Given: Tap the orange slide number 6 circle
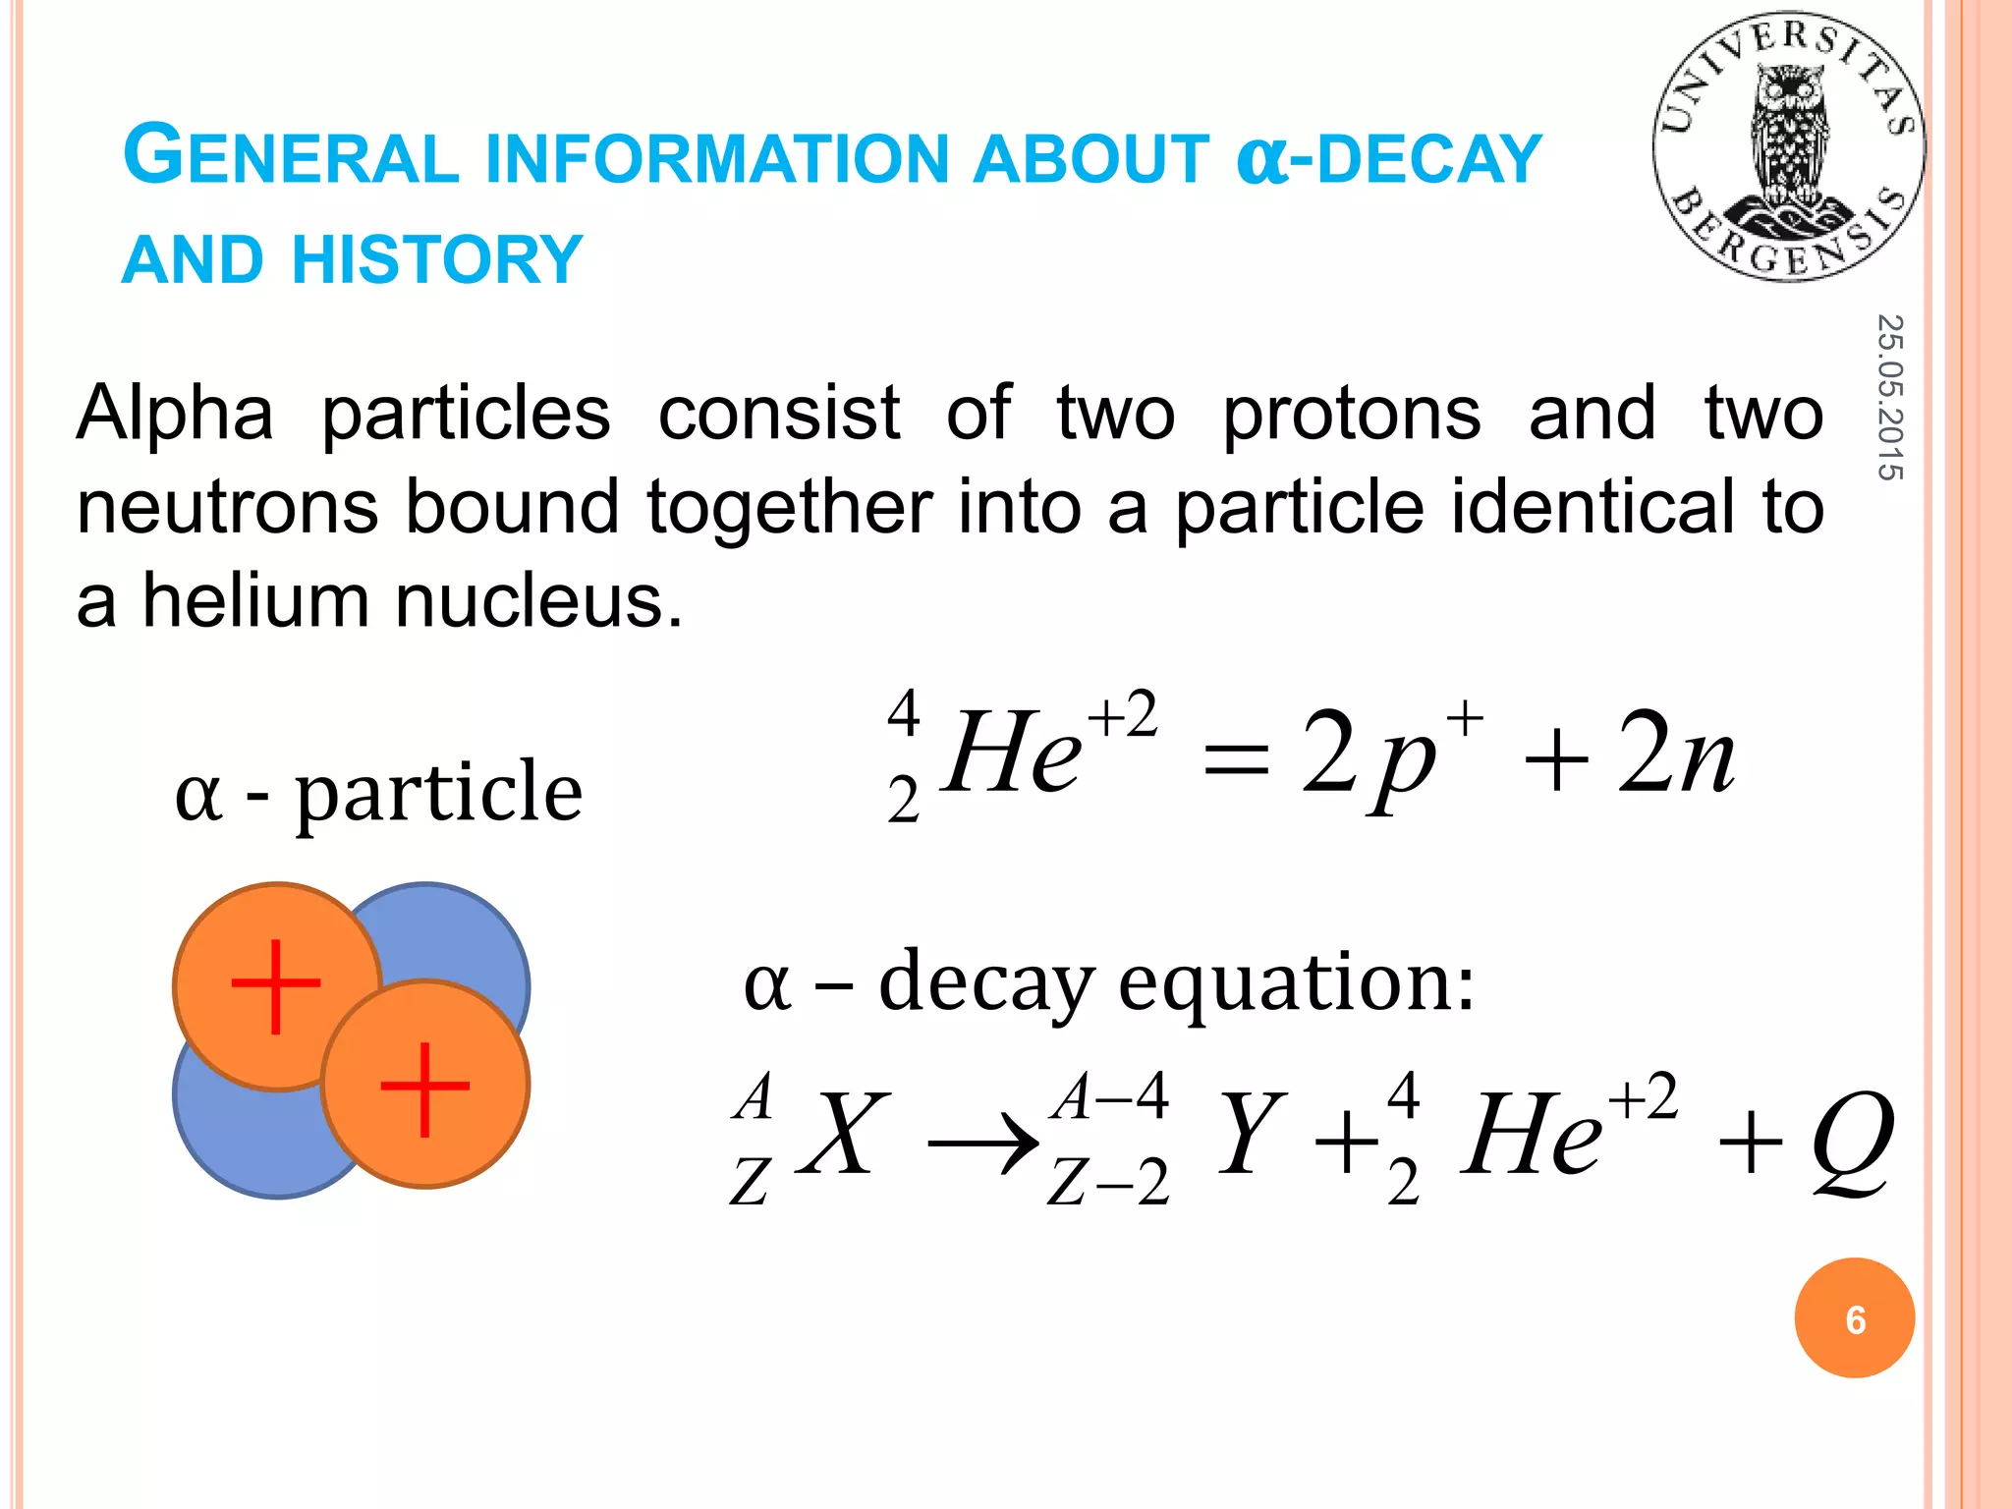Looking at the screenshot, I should [x=1854, y=1318].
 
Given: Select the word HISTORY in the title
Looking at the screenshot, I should [x=437, y=259].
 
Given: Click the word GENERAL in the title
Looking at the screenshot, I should [x=291, y=157].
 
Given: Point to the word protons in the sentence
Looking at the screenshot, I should [x=1351, y=414].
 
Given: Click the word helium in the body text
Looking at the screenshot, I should [x=254, y=601].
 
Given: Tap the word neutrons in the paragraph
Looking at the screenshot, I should [x=227, y=507].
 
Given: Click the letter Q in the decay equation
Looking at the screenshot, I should [x=1853, y=1140].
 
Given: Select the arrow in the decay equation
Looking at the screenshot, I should [x=983, y=1144].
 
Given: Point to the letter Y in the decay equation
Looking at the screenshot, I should [x=1249, y=1134].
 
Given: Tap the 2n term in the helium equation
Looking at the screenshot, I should [x=1676, y=753].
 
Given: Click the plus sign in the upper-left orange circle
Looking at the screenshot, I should [x=276, y=985].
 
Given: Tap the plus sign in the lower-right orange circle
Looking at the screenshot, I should [x=424, y=1088].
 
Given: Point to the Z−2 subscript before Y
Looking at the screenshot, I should [x=1108, y=1182].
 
